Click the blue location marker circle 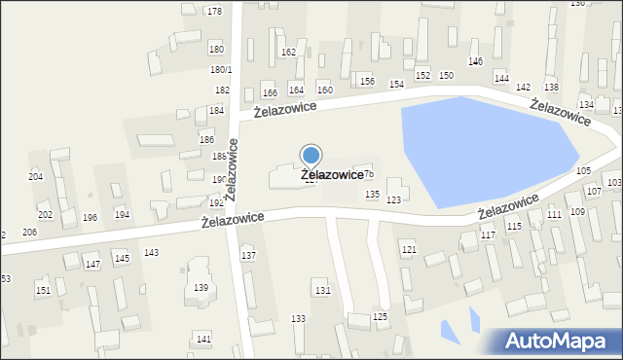click(311, 155)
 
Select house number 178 click(214, 11)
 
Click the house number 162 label click(288, 52)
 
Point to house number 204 click(36, 176)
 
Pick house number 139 click(201, 287)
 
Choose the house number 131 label click(322, 291)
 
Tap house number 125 click(381, 317)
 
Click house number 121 click(409, 250)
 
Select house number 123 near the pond click(393, 199)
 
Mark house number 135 click(372, 195)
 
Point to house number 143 click(151, 252)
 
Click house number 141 click(202, 338)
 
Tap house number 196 click(90, 217)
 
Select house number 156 click(366, 81)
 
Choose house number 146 click(475, 61)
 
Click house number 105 click(583, 170)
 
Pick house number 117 click(488, 235)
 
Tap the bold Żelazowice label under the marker click(332, 175)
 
